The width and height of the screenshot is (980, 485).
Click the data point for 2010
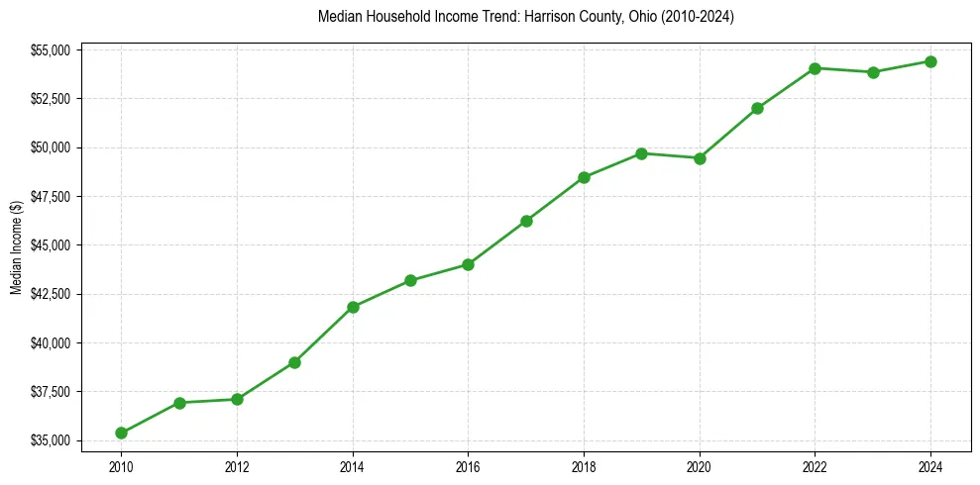(x=121, y=433)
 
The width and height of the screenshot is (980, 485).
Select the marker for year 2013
(x=294, y=362)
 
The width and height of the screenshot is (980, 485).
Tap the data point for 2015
(x=410, y=280)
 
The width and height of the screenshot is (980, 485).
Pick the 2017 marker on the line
(x=526, y=221)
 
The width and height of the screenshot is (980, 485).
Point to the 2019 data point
(x=641, y=153)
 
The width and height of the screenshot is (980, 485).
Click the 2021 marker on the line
(x=757, y=108)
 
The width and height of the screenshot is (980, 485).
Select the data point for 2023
(x=873, y=72)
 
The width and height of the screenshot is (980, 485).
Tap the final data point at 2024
(x=930, y=61)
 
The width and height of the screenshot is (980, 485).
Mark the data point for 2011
(x=179, y=403)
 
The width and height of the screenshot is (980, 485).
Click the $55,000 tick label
(x=51, y=49)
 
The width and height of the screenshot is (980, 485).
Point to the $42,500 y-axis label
(x=51, y=294)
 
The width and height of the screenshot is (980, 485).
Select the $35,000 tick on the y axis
(x=51, y=440)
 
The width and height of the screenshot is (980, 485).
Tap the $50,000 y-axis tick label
(x=51, y=147)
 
